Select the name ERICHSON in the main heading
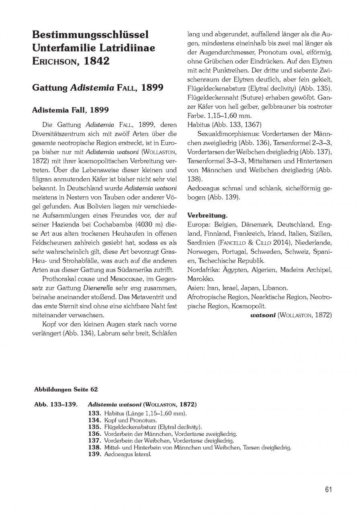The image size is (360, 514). pos(51,61)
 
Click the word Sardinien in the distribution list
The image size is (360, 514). pos(202,243)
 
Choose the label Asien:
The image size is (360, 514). pos(196,288)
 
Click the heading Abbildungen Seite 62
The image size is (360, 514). pos(65,389)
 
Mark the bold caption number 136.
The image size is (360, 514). pos(94,434)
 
